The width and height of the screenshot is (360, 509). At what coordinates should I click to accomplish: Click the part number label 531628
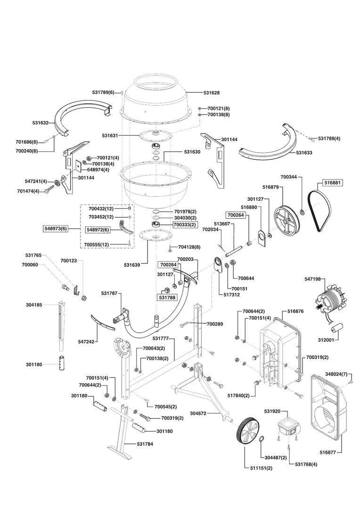point(212,93)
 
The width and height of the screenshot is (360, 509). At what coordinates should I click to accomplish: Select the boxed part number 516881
point(331,182)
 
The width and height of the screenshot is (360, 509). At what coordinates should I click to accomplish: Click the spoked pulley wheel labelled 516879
point(287,217)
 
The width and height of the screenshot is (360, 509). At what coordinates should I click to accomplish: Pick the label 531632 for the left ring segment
point(41,123)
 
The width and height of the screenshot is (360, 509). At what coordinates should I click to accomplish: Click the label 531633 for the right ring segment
point(304,153)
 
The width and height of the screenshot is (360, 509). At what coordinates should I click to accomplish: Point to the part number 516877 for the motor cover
point(328,452)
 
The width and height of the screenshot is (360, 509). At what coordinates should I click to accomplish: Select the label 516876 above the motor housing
point(295,312)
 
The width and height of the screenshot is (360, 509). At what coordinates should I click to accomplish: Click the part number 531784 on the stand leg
point(145,444)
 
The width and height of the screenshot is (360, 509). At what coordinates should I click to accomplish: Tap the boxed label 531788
point(167,297)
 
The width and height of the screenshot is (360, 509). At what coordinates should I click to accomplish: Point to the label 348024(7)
point(337,374)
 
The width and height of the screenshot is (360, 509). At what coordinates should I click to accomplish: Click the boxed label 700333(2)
point(184,225)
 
